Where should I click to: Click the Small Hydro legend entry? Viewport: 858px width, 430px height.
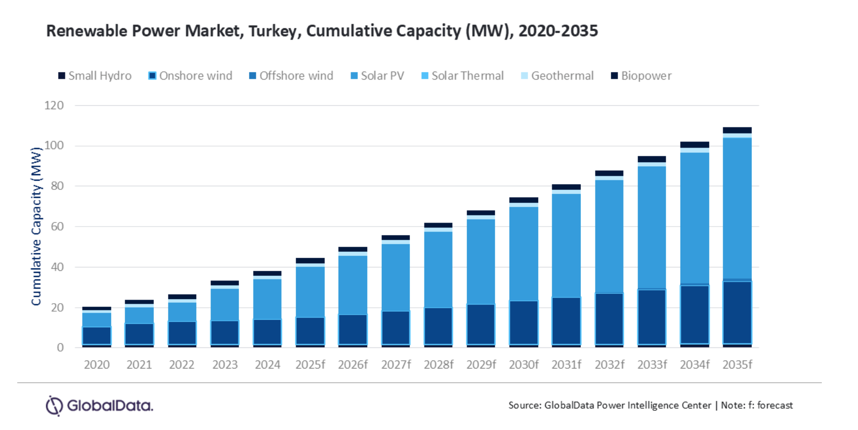(95, 76)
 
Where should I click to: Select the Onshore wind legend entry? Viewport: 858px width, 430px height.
(191, 76)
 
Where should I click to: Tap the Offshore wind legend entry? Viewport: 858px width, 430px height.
(291, 76)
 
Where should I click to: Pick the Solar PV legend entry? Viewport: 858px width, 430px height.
(377, 76)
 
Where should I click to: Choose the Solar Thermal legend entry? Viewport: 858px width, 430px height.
(462, 76)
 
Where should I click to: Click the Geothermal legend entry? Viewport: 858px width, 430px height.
(557, 76)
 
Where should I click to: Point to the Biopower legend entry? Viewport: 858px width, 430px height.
(641, 76)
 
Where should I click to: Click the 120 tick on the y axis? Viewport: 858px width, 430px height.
(54, 105)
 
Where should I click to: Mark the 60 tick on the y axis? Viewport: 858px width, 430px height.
(57, 227)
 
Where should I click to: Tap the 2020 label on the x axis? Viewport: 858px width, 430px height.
(97, 365)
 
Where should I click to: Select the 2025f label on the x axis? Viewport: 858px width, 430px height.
(310, 365)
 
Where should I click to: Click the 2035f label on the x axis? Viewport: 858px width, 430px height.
(737, 365)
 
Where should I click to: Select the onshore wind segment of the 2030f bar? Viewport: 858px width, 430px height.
(524, 322)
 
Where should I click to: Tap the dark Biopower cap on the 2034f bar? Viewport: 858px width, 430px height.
(695, 145)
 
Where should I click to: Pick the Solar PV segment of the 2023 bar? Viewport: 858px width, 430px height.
(225, 304)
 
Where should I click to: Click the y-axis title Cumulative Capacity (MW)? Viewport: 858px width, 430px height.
(36, 227)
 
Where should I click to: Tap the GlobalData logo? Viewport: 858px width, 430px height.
(100, 405)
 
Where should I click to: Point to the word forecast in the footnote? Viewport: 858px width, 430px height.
(775, 405)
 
